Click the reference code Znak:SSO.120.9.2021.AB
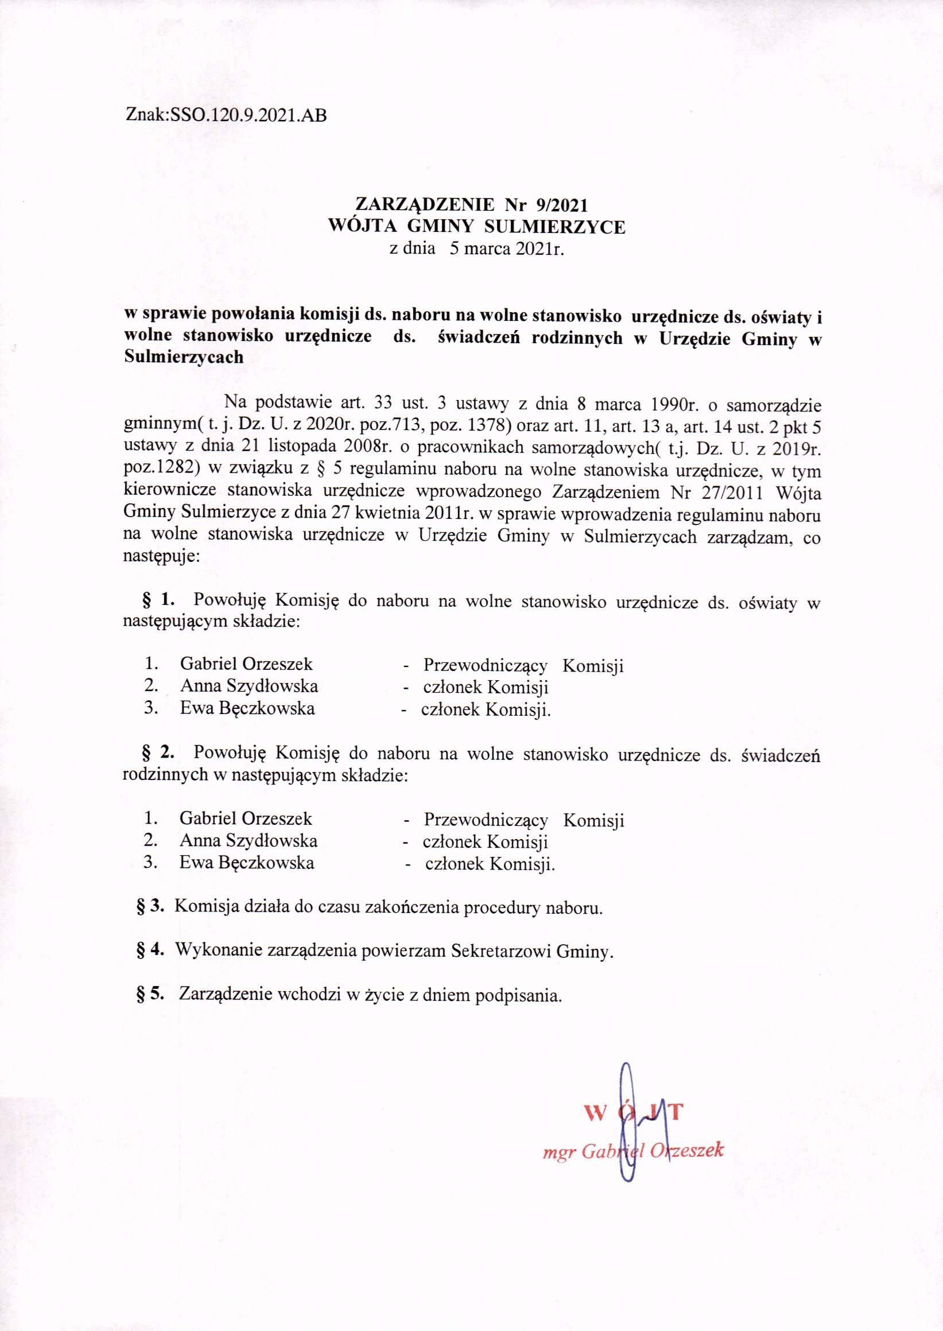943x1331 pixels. click(226, 115)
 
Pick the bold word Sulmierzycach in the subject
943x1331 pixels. click(184, 357)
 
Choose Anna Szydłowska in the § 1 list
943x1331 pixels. click(249, 686)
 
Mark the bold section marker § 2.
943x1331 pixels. click(158, 753)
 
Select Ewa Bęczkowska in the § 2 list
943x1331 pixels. click(247, 863)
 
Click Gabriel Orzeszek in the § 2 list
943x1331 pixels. click(246, 819)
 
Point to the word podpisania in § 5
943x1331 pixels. click(518, 995)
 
